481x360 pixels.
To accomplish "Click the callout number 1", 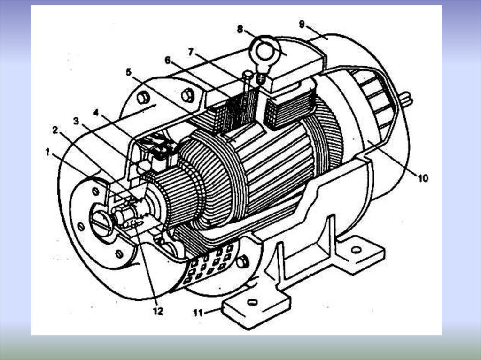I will (x=47, y=151).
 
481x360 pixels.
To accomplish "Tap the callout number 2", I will (x=55, y=130).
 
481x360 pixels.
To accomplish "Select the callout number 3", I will (x=76, y=121).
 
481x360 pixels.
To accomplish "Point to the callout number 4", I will (x=96, y=113).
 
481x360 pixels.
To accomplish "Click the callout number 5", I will (x=129, y=72).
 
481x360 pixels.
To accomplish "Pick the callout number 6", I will (x=168, y=60).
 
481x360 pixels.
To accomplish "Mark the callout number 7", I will (x=191, y=52).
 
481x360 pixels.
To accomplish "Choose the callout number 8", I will (x=240, y=29).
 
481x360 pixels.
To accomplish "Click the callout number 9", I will (x=302, y=23).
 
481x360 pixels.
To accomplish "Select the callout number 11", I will (x=199, y=312).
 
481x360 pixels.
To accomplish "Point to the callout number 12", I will (x=157, y=311).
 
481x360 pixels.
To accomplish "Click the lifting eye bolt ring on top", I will (x=264, y=49).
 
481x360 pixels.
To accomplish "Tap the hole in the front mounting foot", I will (x=252, y=303).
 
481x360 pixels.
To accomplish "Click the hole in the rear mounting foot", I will (x=357, y=250).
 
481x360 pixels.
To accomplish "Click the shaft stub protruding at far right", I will (x=407, y=100).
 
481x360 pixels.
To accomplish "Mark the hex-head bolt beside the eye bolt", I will (x=248, y=74).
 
